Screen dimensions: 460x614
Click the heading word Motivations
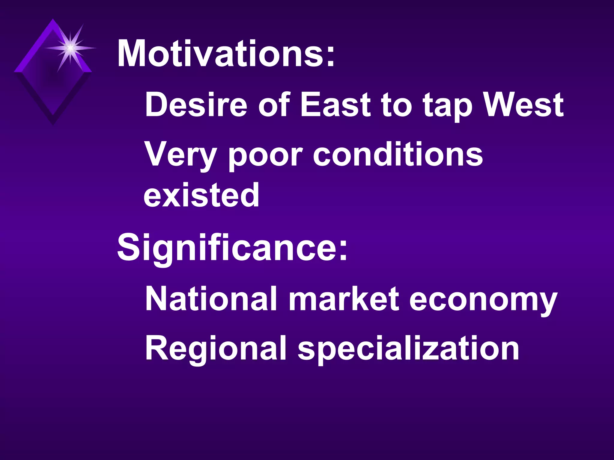click(x=220, y=54)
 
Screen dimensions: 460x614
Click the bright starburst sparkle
click(x=70, y=48)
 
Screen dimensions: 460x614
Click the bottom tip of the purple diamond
click(x=53, y=123)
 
